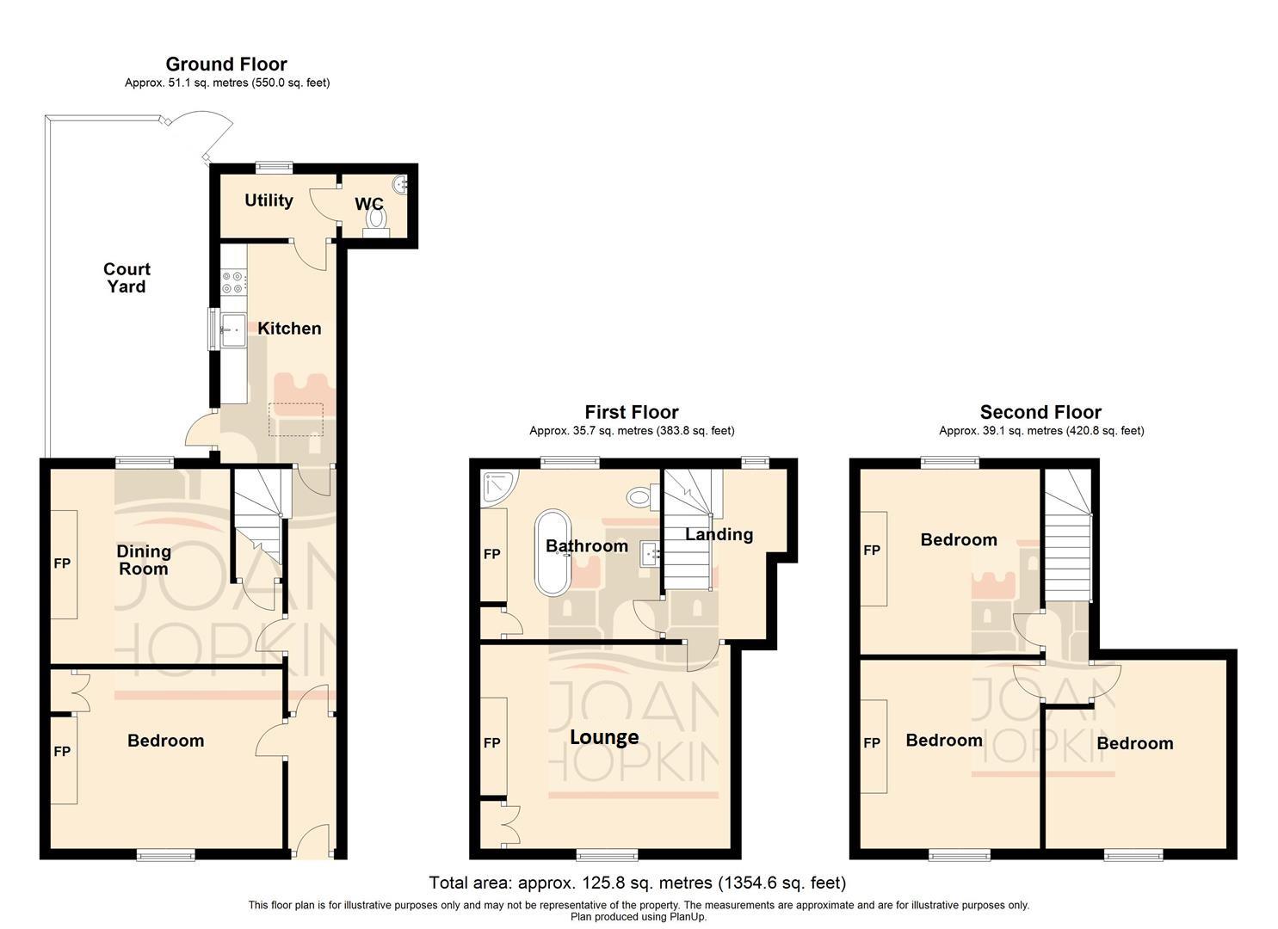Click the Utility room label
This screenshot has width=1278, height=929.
click(269, 200)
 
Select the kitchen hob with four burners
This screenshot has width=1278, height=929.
click(233, 282)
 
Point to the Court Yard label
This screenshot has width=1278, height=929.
click(127, 278)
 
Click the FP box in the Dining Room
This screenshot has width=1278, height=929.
click(63, 564)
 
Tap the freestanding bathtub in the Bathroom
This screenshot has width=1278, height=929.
click(553, 553)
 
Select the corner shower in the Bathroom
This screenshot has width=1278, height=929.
click(497, 486)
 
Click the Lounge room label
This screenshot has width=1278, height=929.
click(604, 737)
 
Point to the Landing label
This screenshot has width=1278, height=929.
click(719, 534)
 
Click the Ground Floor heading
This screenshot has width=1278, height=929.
click(226, 64)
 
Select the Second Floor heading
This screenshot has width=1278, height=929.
click(1040, 412)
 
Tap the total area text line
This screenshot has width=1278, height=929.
click(638, 883)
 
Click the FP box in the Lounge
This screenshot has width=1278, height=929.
click(492, 743)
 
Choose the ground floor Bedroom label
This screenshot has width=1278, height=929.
click(165, 741)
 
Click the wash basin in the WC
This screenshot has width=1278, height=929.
click(401, 183)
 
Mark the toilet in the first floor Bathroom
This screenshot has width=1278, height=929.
click(639, 496)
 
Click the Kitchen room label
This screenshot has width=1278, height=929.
click(289, 329)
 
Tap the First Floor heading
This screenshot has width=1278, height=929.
click(631, 412)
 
